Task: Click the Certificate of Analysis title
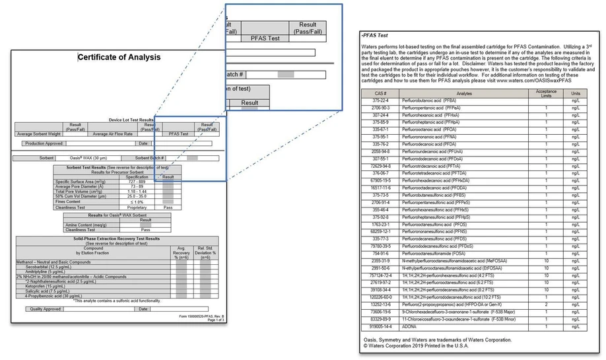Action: click(119, 57)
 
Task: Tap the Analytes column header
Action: click(465, 93)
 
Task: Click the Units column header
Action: click(576, 93)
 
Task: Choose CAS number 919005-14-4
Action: click(381, 326)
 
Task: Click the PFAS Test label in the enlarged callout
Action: click(267, 38)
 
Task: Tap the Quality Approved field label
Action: click(46, 308)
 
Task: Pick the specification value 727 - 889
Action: click(137, 182)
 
